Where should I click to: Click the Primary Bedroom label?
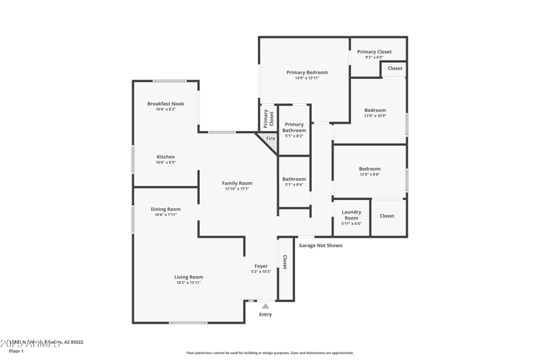307,72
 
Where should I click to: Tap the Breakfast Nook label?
165,103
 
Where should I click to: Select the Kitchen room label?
165,157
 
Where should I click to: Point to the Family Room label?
238,183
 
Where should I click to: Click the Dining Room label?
165,209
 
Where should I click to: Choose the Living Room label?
188,277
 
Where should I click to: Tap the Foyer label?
261,266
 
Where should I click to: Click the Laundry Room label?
351,215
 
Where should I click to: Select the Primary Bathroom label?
294,127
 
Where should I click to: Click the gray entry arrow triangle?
265,306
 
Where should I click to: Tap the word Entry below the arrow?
265,314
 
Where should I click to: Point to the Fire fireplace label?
270,138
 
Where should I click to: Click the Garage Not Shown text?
320,245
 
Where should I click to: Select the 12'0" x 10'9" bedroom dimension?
375,115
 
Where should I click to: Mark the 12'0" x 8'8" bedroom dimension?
369,174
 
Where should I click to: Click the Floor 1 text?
16,351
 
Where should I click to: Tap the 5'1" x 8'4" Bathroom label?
294,184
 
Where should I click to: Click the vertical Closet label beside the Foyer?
285,262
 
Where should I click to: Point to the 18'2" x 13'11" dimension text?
188,282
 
